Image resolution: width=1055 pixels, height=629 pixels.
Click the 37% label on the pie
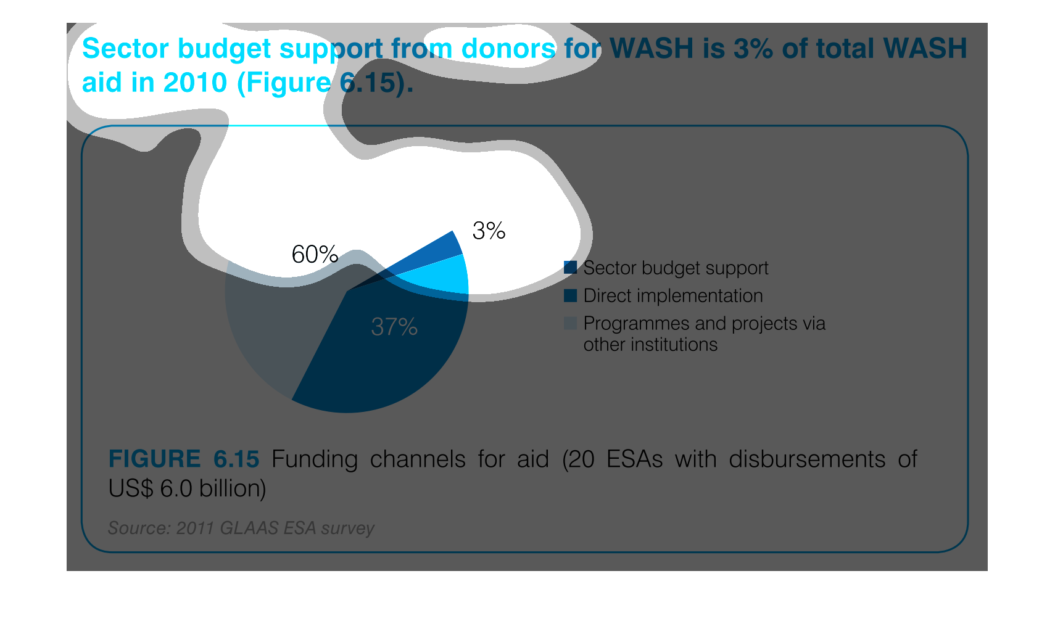coord(394,327)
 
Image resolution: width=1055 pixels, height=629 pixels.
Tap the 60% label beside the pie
coord(315,254)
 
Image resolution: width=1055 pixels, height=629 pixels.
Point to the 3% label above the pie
coord(489,231)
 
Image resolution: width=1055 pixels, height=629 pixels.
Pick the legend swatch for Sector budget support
coord(570,268)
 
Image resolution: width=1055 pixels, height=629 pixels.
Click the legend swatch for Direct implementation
coord(570,295)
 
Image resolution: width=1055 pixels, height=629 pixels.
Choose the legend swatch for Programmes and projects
coord(570,323)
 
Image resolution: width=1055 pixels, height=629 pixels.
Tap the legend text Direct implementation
coord(673,295)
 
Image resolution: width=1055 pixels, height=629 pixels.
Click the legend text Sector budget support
coord(676,268)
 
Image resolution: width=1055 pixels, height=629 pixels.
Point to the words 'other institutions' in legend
coord(650,344)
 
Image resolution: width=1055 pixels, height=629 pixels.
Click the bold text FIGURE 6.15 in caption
coord(184,459)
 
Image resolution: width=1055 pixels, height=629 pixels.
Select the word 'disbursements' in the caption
coord(807,459)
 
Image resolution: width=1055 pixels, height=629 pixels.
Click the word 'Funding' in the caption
coord(315,459)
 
